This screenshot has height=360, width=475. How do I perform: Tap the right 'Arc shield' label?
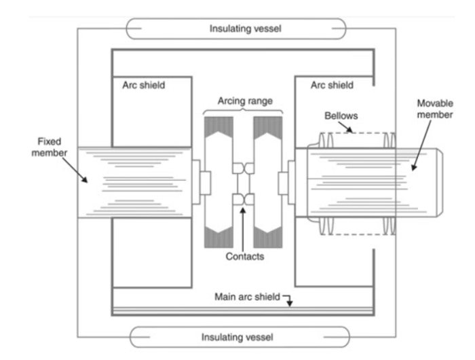pyautogui.click(x=332, y=86)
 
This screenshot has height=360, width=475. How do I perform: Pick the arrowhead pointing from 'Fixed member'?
pyautogui.click(x=86, y=180)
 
